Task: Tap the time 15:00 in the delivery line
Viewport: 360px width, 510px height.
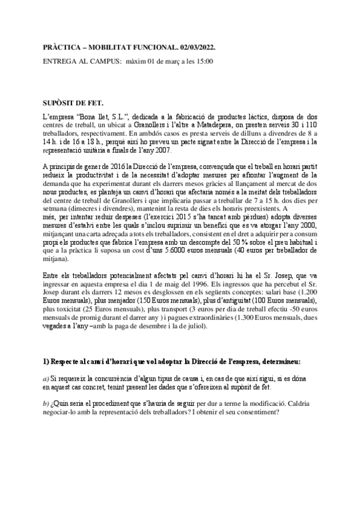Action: click(203, 61)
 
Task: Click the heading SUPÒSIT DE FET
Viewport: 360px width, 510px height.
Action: click(73, 103)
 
